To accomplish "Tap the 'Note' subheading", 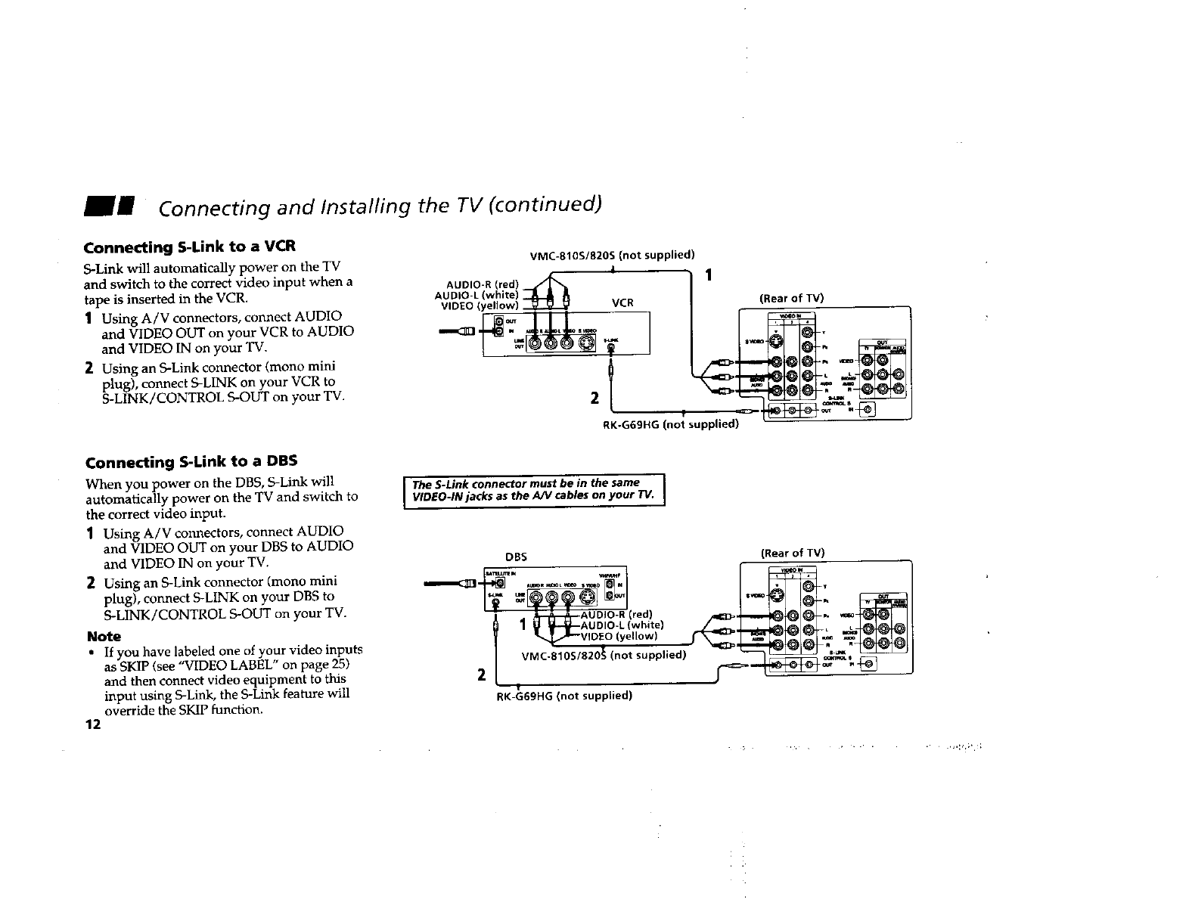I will point(104,637).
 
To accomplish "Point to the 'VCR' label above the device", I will point(622,303).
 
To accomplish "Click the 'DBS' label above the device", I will point(515,557).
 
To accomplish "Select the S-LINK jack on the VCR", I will point(611,347).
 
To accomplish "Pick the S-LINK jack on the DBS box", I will point(495,603).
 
